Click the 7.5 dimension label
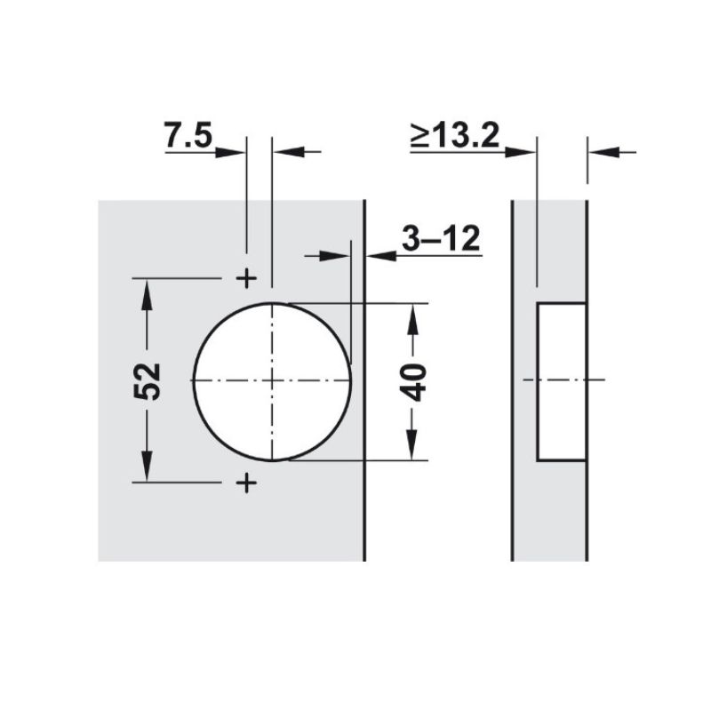coord(188,135)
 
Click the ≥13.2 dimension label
coord(455,135)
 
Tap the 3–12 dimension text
coord(441,238)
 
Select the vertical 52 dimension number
coord(148,381)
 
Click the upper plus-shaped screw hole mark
coord(247,278)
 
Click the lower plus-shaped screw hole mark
coord(247,483)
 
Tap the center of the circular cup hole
coord(272,381)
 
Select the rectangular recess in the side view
coord(562,382)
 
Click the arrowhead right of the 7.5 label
coord(230,152)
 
